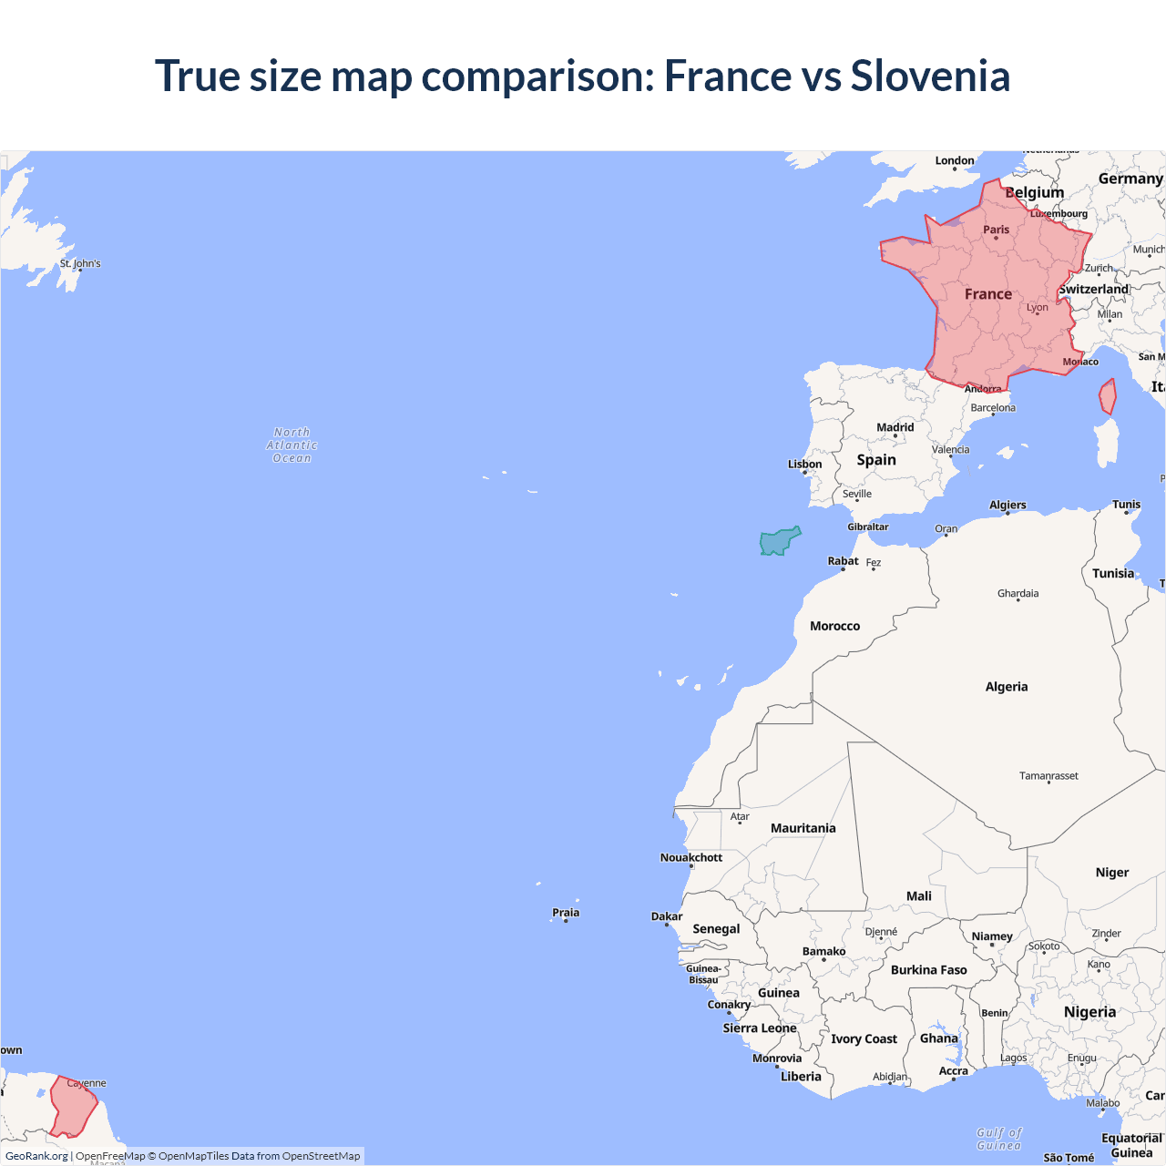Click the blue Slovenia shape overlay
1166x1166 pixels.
778,542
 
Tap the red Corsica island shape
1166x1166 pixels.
1108,397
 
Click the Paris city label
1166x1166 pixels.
996,230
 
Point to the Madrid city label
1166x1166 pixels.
895,427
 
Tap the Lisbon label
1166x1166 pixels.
804,465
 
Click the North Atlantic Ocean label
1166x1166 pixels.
291,445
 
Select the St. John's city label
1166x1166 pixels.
80,263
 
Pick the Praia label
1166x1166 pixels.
566,913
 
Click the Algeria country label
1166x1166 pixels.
1007,687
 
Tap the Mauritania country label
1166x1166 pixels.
803,828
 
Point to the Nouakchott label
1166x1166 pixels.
691,857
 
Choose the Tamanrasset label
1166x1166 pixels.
1048,776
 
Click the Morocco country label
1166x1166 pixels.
834,626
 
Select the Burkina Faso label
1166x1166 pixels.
928,970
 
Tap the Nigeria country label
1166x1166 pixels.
1089,1012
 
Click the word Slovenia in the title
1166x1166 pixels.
930,76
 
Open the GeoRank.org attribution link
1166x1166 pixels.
36,1156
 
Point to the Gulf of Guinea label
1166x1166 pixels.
999,1139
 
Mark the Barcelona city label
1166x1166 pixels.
992,408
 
